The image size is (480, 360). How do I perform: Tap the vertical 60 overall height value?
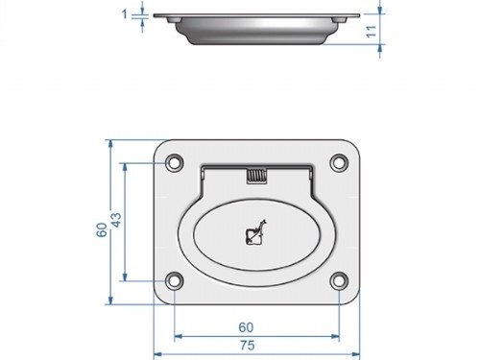click(x=101, y=230)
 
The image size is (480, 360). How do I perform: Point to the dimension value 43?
click(x=115, y=221)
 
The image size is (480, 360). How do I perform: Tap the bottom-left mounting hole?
click(x=174, y=281)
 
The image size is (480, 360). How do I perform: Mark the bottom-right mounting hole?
click(x=338, y=281)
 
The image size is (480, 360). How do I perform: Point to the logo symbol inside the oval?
click(x=255, y=233)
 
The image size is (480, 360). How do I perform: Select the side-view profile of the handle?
click(x=255, y=26)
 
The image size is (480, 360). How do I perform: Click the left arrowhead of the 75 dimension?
click(x=156, y=352)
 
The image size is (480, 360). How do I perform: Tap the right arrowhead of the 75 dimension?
click(x=355, y=352)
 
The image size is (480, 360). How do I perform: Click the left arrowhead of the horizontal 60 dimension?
click(x=178, y=336)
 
